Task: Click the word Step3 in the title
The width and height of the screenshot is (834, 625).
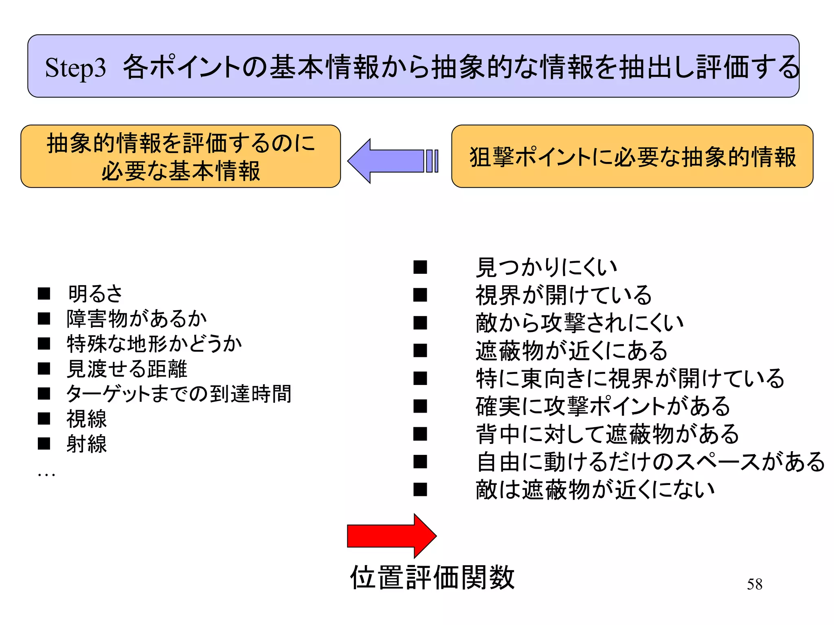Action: click(75, 68)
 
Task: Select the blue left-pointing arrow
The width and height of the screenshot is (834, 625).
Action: click(391, 161)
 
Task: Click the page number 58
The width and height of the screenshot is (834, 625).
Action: click(754, 584)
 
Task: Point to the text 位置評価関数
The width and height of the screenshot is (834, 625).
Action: click(432, 577)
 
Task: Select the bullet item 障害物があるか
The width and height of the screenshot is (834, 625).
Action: click(137, 319)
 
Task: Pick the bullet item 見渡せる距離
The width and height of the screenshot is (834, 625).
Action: click(127, 369)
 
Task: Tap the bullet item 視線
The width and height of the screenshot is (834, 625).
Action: click(87, 419)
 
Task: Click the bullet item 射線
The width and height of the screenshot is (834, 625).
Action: click(87, 444)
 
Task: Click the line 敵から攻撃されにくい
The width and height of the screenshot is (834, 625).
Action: click(579, 323)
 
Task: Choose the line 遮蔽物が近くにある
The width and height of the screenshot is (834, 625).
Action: click(571, 351)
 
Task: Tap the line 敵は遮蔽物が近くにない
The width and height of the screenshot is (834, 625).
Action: click(595, 490)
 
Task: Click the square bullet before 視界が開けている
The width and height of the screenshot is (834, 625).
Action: click(420, 295)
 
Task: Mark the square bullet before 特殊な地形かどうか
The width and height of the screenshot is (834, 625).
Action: click(44, 344)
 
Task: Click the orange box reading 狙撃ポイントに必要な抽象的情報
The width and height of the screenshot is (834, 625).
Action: click(632, 157)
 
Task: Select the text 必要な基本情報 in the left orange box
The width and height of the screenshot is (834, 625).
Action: click(180, 171)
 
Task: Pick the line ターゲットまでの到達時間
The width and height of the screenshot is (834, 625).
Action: click(179, 394)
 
